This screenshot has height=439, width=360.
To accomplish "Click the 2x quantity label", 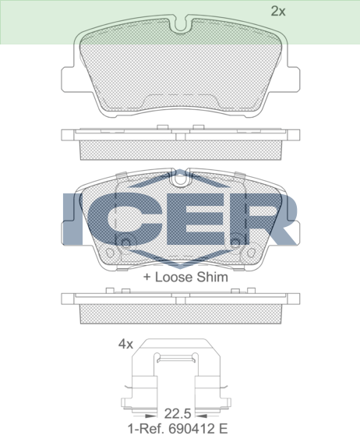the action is click(278, 11).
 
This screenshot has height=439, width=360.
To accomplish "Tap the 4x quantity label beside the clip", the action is click(125, 344).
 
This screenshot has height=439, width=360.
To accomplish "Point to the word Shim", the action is click(212, 277).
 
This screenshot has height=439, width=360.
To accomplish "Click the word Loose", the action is click(174, 277).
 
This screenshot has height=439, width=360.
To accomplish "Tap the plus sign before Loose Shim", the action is click(146, 278).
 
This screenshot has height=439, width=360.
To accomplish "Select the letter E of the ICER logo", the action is click(196, 219).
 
